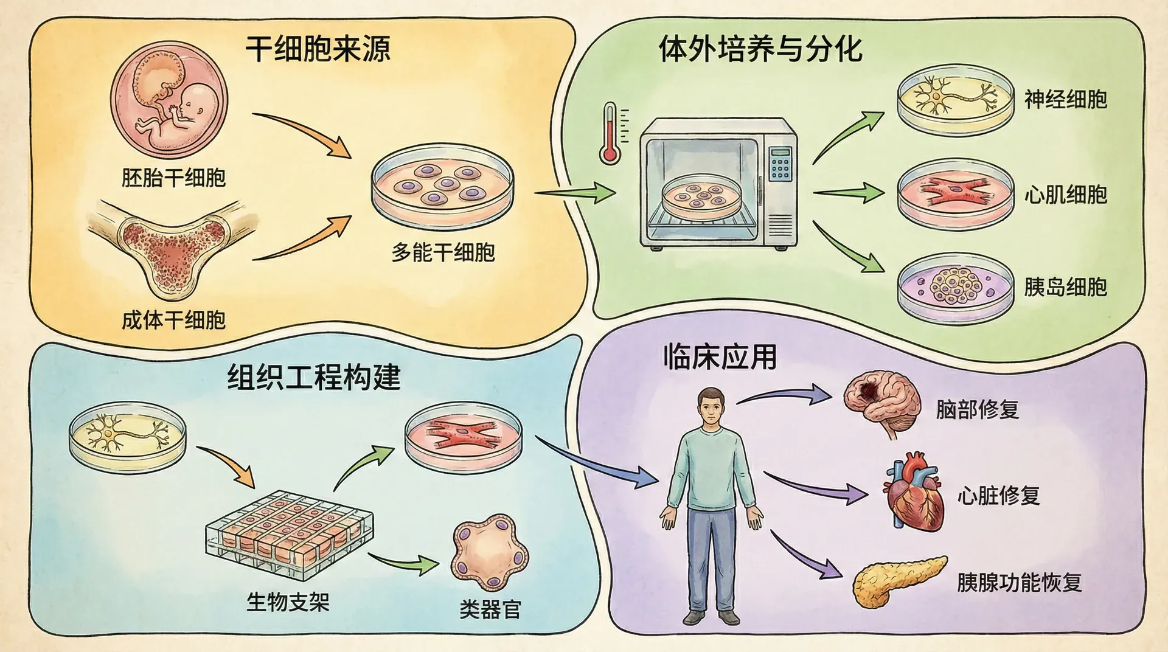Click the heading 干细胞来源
[318, 49]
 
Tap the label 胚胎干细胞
[173, 178]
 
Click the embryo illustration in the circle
[169, 101]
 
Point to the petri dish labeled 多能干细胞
[442, 186]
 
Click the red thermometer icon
[610, 134]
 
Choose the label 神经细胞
[1065, 100]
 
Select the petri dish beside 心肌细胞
[956, 193]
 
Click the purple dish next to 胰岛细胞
[956, 288]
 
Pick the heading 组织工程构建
[314, 378]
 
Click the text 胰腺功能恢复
[1020, 583]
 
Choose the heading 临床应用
[720, 357]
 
